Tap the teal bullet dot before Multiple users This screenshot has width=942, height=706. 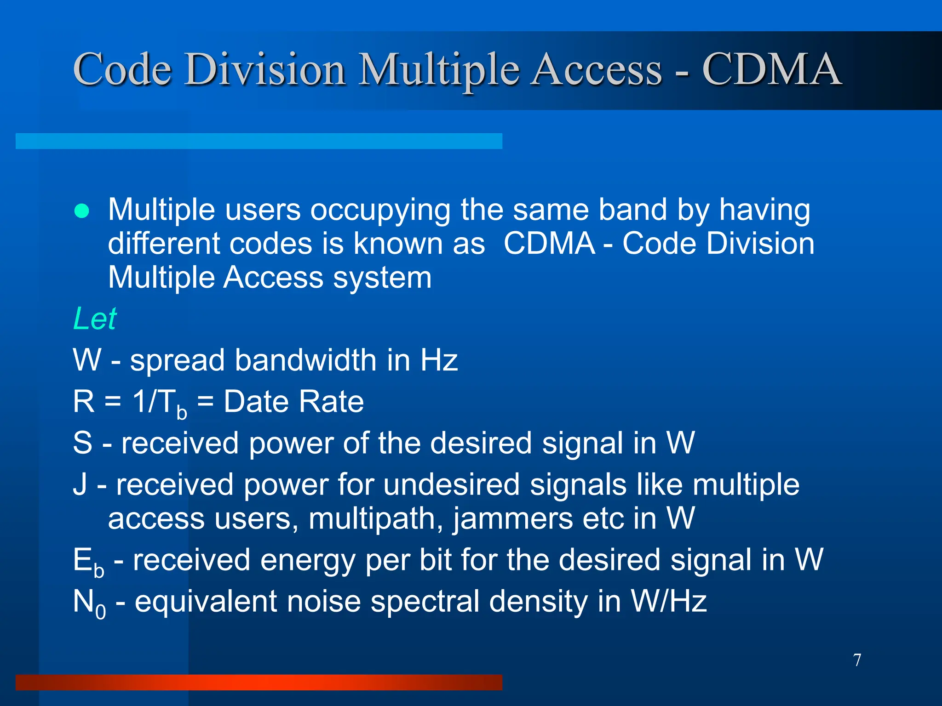pyautogui.click(x=82, y=211)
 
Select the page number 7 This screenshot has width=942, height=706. pyautogui.click(x=857, y=660)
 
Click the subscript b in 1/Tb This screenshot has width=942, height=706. pyautogui.click(x=182, y=412)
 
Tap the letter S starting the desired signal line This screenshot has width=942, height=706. pyautogui.click(x=83, y=443)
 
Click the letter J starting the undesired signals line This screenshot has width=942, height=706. pyautogui.click(x=80, y=485)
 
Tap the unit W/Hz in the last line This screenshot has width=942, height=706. pyautogui.click(x=669, y=601)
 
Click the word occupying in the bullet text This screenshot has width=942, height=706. pyautogui.click(x=380, y=210)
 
